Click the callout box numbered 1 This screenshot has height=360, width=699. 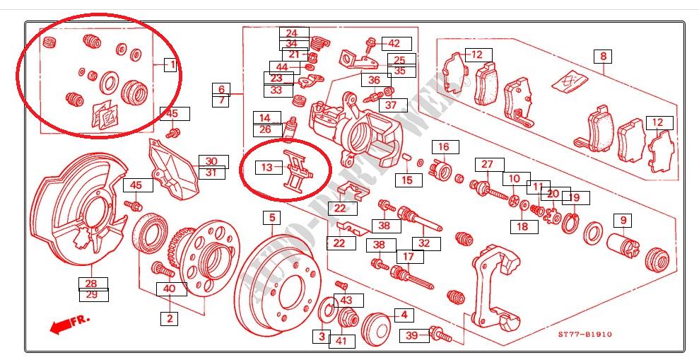(x=170, y=65)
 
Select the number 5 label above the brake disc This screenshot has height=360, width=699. (x=272, y=217)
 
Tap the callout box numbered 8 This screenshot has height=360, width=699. (x=604, y=57)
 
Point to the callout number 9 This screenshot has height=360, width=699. (x=623, y=221)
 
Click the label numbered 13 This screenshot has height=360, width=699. (x=266, y=168)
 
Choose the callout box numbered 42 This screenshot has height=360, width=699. (x=394, y=43)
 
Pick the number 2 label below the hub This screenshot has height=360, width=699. (x=170, y=319)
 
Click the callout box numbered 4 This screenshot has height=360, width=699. (x=404, y=315)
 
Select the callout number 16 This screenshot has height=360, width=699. (x=443, y=147)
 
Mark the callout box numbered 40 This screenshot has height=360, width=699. (x=170, y=289)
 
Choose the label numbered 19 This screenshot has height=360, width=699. (x=574, y=197)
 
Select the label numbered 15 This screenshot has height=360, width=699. (x=407, y=180)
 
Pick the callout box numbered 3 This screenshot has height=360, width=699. (x=322, y=336)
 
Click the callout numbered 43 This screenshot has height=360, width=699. (x=346, y=301)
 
